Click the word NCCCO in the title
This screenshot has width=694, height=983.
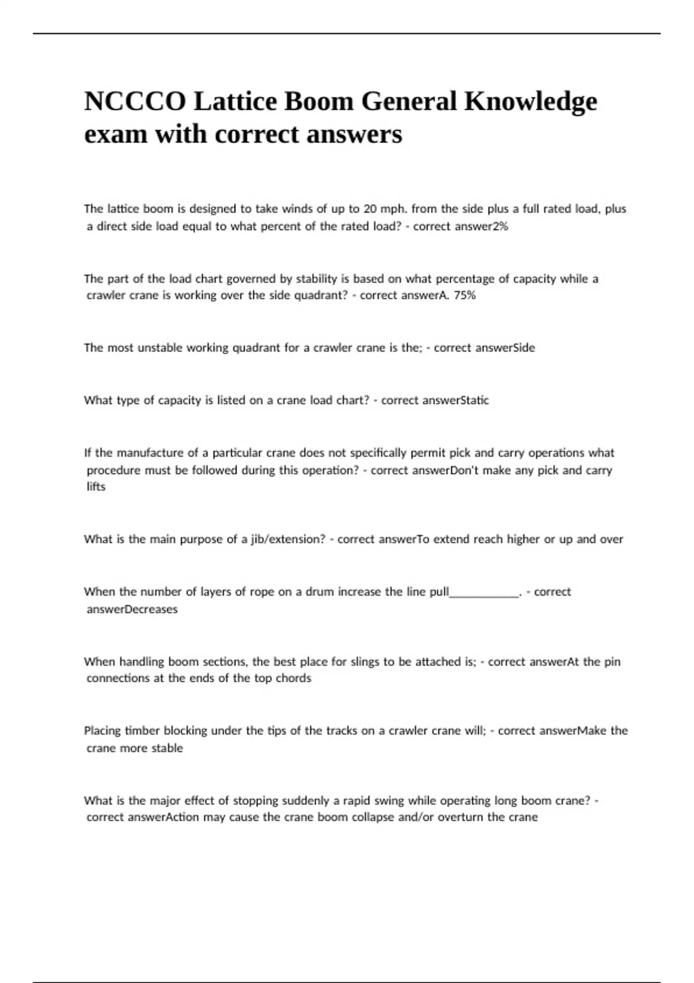tap(135, 102)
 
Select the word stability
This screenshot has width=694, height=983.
tap(316, 279)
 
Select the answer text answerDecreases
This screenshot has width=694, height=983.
tap(132, 609)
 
